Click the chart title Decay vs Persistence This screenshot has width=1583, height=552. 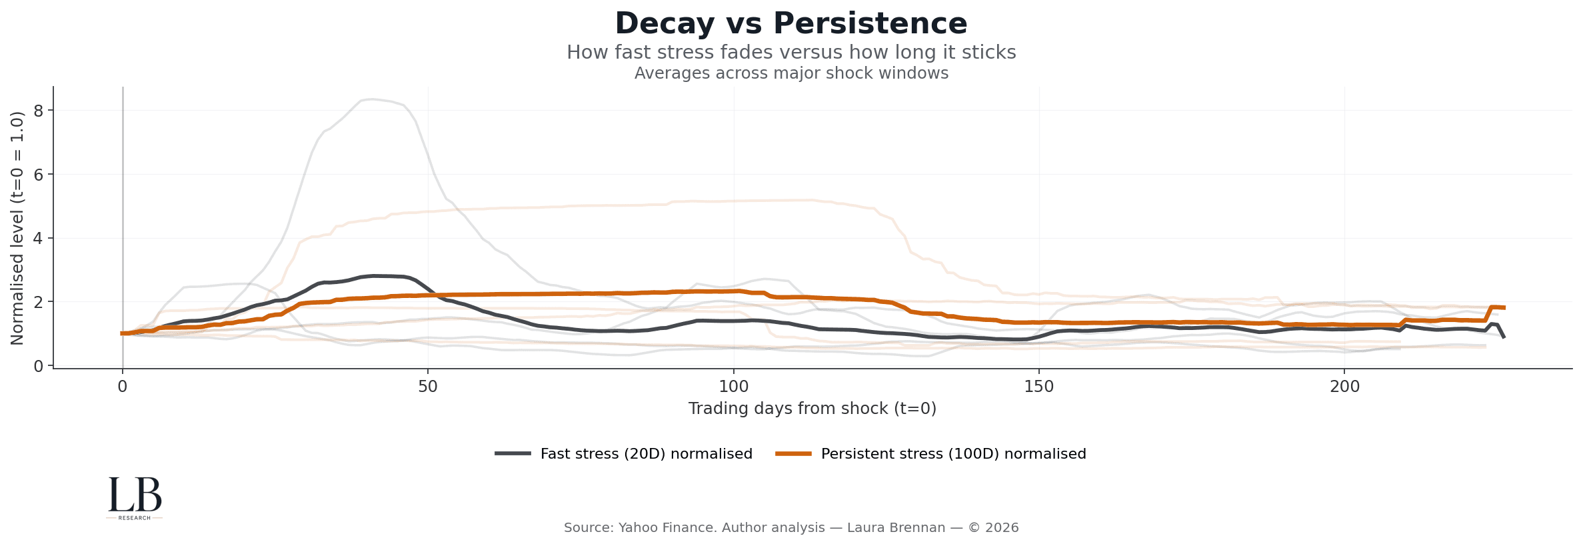[x=791, y=24]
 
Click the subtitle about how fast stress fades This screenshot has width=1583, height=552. [x=791, y=53]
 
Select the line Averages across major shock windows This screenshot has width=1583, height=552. [x=791, y=73]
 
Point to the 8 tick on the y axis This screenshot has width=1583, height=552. [x=39, y=111]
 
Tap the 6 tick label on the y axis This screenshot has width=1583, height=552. [x=39, y=175]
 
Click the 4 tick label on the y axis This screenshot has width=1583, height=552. [x=39, y=239]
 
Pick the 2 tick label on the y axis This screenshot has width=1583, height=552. [x=39, y=303]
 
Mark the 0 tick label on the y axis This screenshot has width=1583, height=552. [x=39, y=366]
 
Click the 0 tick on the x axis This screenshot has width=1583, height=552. [x=123, y=387]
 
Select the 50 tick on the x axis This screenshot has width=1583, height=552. [x=428, y=387]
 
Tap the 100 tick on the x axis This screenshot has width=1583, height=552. [x=733, y=387]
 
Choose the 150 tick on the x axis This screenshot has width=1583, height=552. [x=1038, y=387]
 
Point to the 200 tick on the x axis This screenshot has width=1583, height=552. [x=1344, y=387]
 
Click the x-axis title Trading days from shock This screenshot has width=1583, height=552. [x=812, y=409]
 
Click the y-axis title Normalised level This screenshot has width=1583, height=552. [x=17, y=228]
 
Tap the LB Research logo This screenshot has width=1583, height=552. [x=135, y=497]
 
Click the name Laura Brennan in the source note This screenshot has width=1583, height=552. [x=896, y=528]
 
